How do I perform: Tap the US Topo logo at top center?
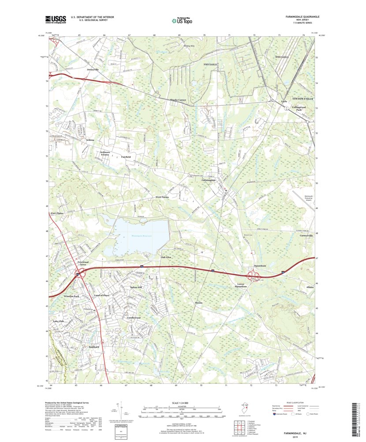pos(182,20)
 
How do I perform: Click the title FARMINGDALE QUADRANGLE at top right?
pos(299,16)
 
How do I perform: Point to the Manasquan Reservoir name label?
pos(141,236)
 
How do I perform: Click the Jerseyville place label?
pos(93,70)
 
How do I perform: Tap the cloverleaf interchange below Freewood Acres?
pos(78,274)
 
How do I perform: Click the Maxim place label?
pos(198,303)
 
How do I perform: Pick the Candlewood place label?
pos(134,318)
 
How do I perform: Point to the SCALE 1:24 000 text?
pos(182,403)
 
